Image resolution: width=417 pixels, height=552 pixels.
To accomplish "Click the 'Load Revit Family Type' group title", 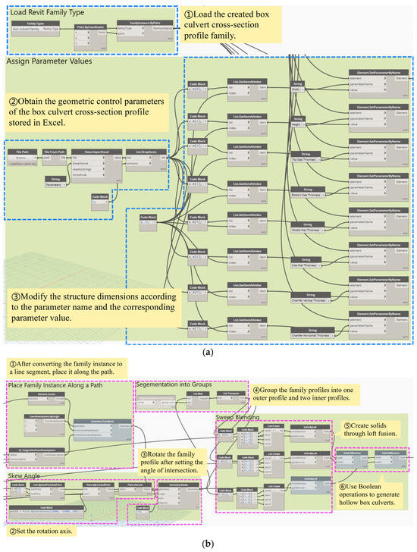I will point(45,13).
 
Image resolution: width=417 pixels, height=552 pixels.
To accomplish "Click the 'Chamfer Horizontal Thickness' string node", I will point(311,330).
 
